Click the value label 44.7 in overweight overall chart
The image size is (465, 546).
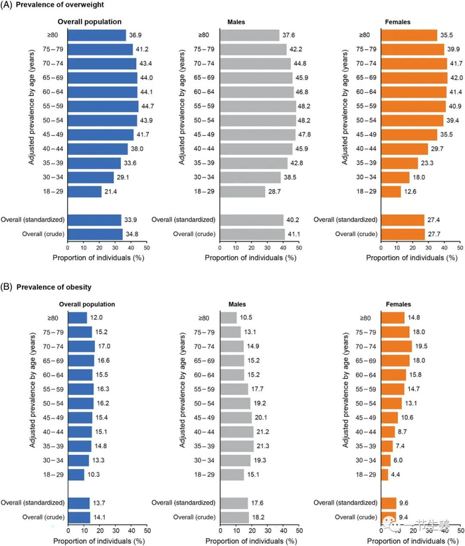148,106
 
